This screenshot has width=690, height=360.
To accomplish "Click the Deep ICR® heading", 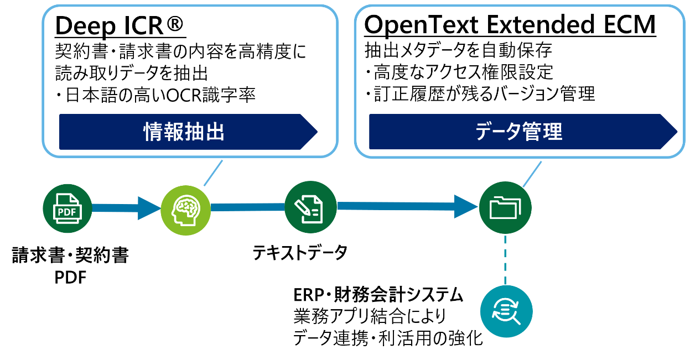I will (120, 25).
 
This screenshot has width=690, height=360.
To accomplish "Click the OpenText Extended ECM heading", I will (510, 25).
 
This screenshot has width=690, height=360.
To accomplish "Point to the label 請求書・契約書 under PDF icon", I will (70, 256).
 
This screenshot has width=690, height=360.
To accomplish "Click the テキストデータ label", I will (300, 253).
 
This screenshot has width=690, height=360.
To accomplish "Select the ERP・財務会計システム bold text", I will (378, 295).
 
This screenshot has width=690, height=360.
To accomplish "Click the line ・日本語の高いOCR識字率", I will (155, 95).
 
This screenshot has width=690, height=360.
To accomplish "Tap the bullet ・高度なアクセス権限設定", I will (459, 72).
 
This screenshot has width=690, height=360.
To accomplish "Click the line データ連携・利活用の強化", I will (388, 338).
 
